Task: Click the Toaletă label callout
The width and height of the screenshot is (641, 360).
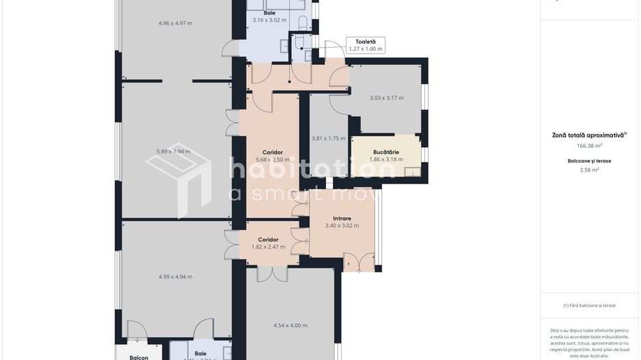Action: point(365,45)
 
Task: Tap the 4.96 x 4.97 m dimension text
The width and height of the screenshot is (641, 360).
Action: point(175,23)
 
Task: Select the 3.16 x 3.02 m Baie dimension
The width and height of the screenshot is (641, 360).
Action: point(269,20)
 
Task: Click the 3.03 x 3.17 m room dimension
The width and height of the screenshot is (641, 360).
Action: point(386,98)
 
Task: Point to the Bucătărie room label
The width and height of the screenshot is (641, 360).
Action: point(386,152)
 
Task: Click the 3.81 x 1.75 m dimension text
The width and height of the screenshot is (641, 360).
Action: point(328,138)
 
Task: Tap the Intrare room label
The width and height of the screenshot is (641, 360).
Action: point(342,219)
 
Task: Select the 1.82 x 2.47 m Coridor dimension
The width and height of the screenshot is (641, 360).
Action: point(268,247)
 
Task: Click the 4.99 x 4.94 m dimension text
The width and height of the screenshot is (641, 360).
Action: point(175,277)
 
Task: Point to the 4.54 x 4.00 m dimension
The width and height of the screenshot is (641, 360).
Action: point(290,325)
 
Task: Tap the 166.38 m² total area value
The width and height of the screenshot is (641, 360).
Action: point(589,146)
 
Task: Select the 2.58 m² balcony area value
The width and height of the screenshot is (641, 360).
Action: point(589,169)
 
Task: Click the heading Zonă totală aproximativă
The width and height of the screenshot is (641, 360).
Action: point(589,135)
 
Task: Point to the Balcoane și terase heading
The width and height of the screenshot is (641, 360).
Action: point(589,161)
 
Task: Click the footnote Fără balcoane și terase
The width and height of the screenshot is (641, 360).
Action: point(589,305)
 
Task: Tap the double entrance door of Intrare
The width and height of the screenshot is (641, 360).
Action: point(359,262)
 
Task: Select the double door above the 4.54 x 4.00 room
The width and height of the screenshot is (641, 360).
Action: point(271,274)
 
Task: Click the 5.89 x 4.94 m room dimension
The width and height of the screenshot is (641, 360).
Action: point(173,151)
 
